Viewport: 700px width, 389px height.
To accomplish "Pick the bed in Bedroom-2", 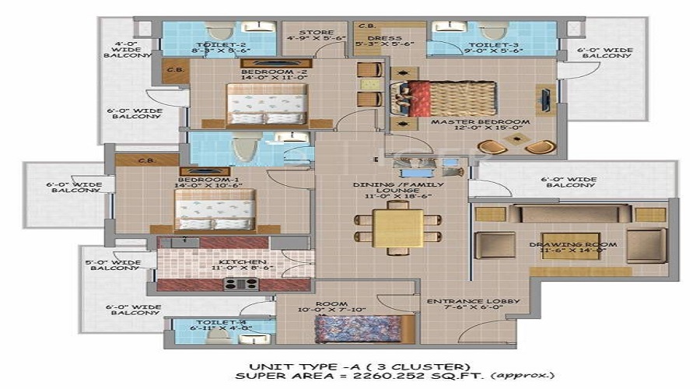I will pyautogui.click(x=266, y=105).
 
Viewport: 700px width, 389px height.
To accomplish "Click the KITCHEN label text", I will pyautogui.click(x=243, y=262).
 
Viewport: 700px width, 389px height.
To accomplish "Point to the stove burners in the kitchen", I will pyautogui.click(x=242, y=284).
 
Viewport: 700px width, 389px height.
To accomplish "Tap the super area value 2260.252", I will pyautogui.click(x=360, y=376).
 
